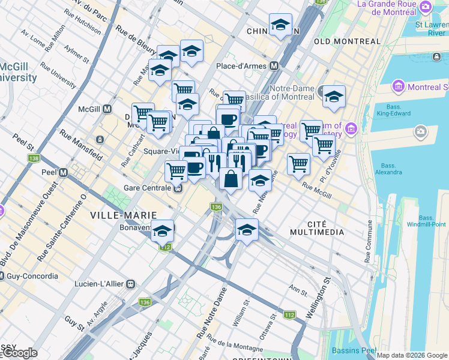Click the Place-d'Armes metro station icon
tap(274, 65)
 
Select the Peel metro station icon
tap(64, 172)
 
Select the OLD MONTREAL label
tap(347, 41)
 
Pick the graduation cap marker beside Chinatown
tap(280, 25)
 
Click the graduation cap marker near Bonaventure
tap(162, 231)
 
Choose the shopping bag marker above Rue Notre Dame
tap(231, 178)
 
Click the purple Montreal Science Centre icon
tap(398, 87)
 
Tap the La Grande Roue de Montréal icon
tap(426, 7)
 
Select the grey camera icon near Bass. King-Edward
tap(421, 131)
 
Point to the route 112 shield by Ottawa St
tap(289, 315)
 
